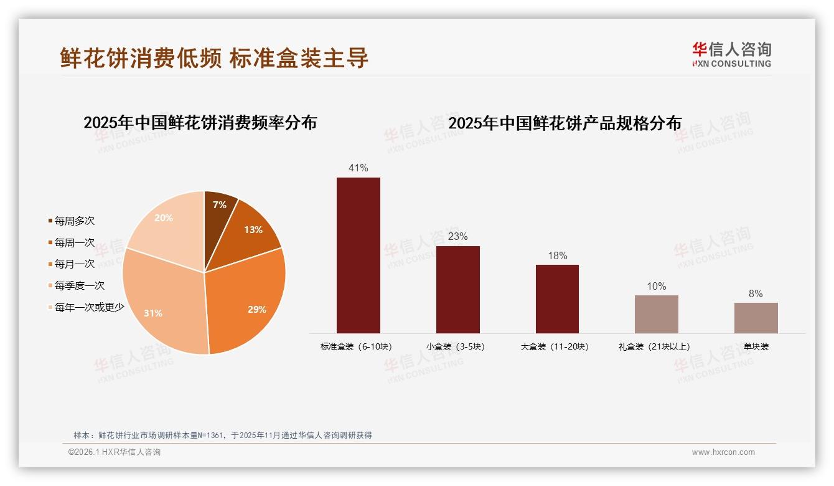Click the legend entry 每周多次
[x=74, y=221]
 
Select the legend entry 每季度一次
[x=79, y=286]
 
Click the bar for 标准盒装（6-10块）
[x=358, y=255]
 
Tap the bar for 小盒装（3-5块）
[x=457, y=290]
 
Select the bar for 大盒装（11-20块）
[x=557, y=299]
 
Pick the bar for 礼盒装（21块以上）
[x=656, y=314]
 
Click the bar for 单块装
[x=756, y=318]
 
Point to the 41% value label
[x=358, y=168]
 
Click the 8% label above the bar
[x=756, y=294]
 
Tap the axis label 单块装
[x=756, y=346]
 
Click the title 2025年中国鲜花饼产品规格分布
[x=565, y=123]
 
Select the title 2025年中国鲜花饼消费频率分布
[x=200, y=123]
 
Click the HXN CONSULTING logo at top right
[x=731, y=55]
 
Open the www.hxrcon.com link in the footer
[x=723, y=452]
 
